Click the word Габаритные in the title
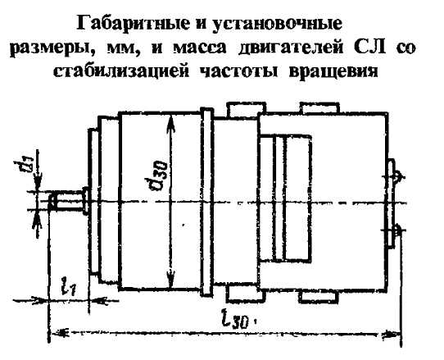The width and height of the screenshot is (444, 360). (133, 23)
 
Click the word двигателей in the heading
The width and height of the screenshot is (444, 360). (291, 48)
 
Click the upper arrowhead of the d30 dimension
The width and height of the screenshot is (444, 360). (170, 123)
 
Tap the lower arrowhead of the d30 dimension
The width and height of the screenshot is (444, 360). (170, 279)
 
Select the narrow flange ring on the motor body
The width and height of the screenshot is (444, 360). (206, 203)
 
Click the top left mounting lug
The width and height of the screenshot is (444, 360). (246, 109)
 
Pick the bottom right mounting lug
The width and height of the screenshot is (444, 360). (319, 298)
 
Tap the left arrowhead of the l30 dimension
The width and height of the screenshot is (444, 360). (60, 331)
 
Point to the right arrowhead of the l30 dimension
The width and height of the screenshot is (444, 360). (392, 334)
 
